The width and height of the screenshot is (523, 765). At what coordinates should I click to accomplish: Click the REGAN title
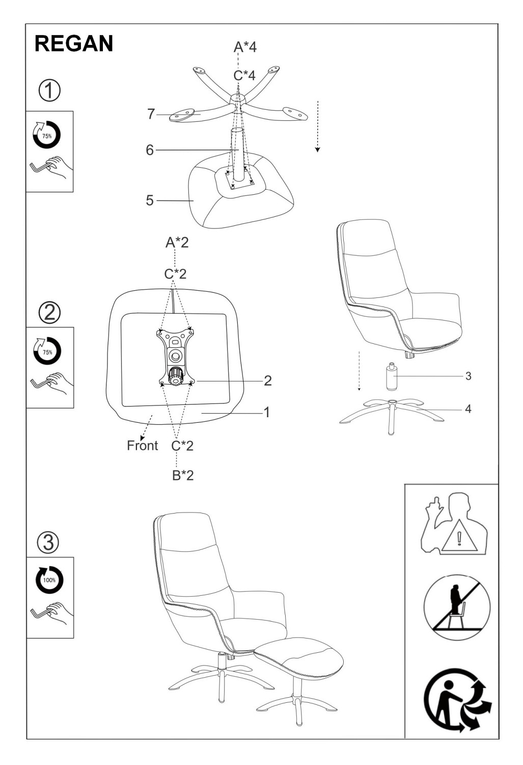tap(74, 43)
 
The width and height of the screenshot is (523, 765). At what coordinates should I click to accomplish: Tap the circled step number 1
tap(49, 90)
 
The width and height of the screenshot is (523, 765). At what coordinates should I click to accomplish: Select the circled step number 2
tap(50, 313)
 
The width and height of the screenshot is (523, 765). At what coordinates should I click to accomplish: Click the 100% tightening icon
tap(49, 580)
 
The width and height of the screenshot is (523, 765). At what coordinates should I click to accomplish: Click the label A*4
tap(245, 47)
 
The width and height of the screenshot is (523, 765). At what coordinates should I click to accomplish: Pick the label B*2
tap(183, 475)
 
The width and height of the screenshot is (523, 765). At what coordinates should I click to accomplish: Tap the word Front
tap(142, 445)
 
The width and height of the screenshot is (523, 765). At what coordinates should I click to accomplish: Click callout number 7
tap(151, 114)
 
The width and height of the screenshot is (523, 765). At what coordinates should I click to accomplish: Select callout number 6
tap(150, 150)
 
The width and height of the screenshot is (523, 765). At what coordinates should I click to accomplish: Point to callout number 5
tap(150, 200)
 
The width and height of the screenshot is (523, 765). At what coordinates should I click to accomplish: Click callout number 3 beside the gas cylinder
tap(468, 376)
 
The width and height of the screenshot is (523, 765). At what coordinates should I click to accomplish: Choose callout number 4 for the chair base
tap(468, 409)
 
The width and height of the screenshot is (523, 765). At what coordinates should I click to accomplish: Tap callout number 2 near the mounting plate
tap(268, 381)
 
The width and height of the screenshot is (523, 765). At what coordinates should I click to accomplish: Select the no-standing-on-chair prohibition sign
tap(457, 607)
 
